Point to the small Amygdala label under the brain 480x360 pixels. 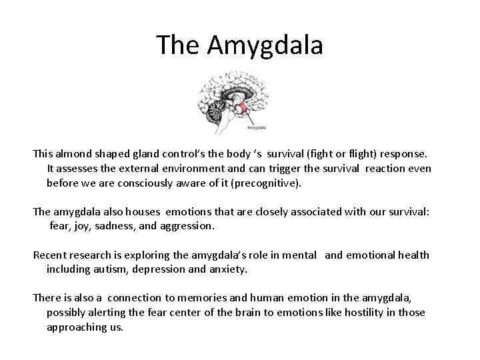tap(258, 125)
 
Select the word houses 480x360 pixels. tap(158, 212)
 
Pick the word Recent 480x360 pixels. tap(50, 255)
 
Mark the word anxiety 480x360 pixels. tap(229, 270)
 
